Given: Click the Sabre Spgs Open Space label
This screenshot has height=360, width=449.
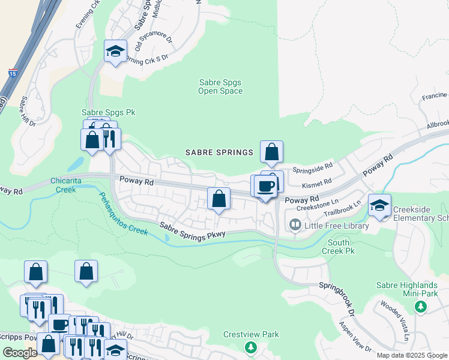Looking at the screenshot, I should coord(220,87).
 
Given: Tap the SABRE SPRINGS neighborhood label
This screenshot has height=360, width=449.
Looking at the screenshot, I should coord(219,152).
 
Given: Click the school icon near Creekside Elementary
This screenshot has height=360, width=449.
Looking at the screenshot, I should coord(379,205).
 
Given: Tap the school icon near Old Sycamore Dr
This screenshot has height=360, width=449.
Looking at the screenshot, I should coord(115,51).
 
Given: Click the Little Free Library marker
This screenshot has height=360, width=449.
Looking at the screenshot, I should coord(295,225).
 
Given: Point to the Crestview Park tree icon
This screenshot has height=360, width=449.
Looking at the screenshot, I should coord(250,346).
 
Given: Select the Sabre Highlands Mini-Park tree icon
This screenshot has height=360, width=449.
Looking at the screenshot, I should coord(420,307).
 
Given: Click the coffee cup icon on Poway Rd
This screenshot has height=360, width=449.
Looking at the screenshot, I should coord(265,186).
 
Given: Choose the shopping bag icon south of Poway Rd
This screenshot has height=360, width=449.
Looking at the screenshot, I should coord(219,199).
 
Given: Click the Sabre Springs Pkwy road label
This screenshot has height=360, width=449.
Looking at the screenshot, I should coord(191,230).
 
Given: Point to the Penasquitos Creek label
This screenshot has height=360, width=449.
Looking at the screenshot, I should coord(123,213).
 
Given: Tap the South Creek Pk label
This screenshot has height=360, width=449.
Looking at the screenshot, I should coord(339,246).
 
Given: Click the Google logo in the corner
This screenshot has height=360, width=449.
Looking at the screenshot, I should coord(20,353).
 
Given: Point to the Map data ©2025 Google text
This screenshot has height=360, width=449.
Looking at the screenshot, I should coord(412,355).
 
